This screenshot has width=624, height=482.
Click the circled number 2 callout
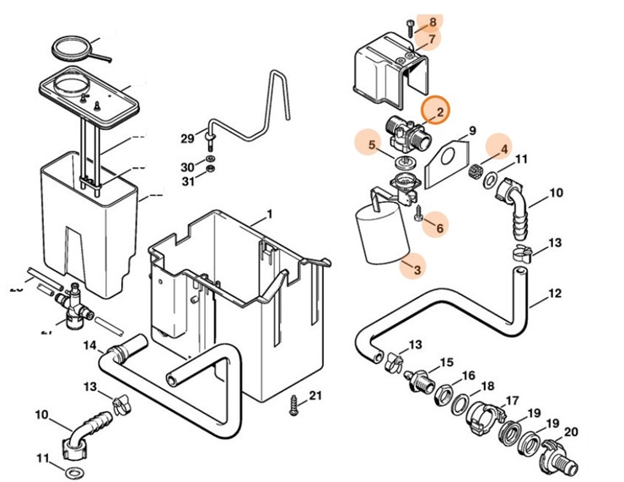coord(437,111)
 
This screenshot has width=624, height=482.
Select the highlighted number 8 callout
coord(433,23)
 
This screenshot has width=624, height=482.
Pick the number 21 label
coord(315,396)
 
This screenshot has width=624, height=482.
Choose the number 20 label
coord(571,431)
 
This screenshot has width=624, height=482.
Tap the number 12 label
coord(554,295)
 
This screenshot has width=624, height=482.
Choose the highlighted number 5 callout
coord(372,144)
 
